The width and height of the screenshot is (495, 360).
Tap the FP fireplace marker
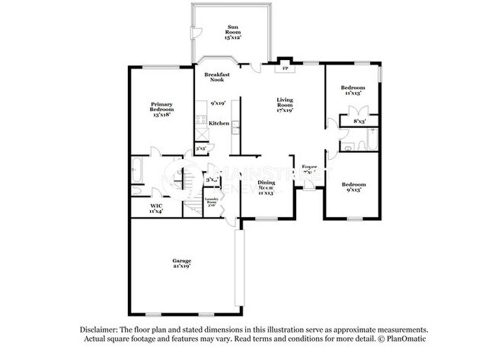285,68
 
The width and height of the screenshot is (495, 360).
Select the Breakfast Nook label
218,77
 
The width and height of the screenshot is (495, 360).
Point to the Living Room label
285,104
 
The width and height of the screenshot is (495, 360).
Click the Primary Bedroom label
161,110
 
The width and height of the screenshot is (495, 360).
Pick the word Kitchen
219,123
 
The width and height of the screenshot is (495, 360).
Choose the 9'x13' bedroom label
353,187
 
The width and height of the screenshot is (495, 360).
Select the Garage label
180,263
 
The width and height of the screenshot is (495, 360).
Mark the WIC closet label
156,208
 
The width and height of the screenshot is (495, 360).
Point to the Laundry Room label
212,202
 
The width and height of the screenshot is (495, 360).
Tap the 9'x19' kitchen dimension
219,103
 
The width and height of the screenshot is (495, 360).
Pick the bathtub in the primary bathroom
138,170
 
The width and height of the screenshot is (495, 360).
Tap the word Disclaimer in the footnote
101,329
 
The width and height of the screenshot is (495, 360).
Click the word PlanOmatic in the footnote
410,338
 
